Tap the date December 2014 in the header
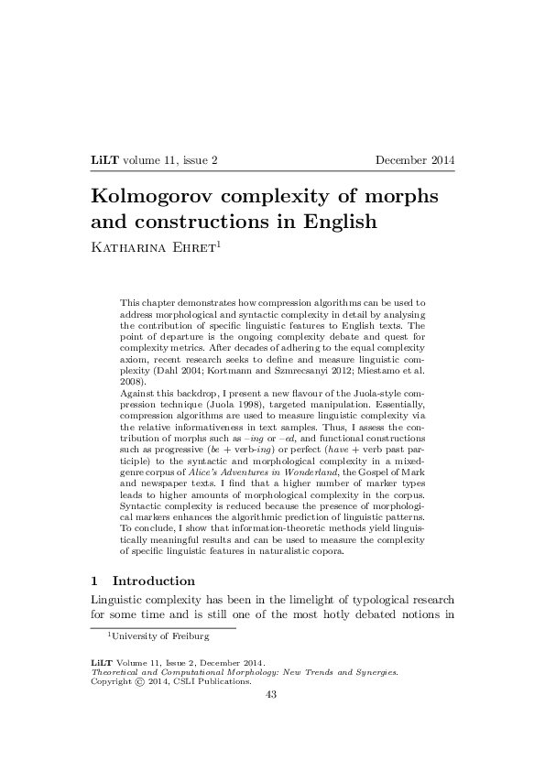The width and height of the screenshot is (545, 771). pos(415,161)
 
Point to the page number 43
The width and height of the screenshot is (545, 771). pos(270,694)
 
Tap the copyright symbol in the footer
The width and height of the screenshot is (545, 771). pos(139,681)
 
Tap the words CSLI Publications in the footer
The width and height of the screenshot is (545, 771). pos(212,681)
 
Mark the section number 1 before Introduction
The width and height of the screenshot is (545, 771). pos(95,581)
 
